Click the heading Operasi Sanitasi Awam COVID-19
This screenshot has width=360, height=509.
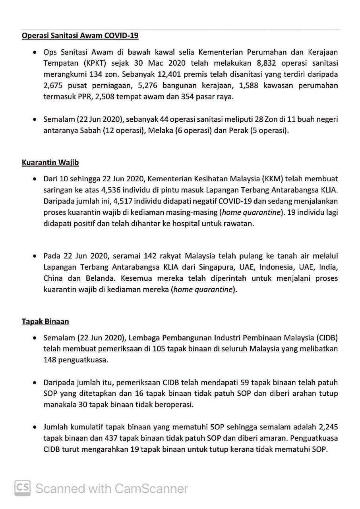tap(80, 35)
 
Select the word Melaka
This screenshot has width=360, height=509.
tap(160, 130)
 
